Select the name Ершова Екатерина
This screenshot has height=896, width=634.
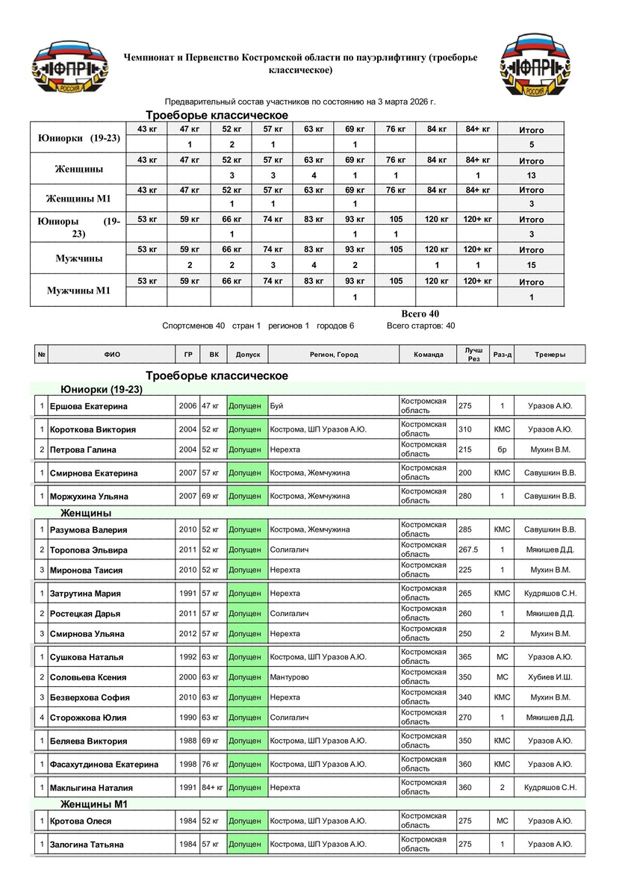pos(88,406)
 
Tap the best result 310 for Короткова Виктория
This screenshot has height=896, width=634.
pos(465,429)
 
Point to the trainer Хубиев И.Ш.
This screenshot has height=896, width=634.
pos(550,677)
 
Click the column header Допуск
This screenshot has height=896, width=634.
pos(247,355)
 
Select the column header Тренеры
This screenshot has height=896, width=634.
pos(550,355)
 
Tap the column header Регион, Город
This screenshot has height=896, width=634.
pos(334,355)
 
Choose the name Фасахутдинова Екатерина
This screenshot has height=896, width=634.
pos(104,765)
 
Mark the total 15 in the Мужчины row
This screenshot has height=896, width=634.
pos(531,265)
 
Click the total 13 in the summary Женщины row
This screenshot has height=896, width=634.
pos(531,175)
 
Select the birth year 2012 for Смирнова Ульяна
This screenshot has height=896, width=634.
pos(187,634)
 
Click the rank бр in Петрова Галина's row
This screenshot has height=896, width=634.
pos(502,450)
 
